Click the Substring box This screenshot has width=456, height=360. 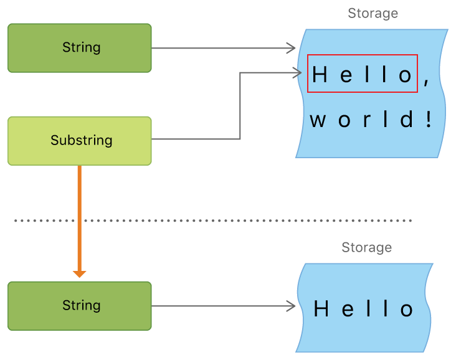(x=79, y=141)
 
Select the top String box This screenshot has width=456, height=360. (x=79, y=48)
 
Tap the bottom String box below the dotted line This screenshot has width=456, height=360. (x=79, y=306)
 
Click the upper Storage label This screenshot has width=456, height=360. (x=373, y=13)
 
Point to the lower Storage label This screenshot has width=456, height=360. (x=366, y=247)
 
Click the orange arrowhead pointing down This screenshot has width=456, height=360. (x=79, y=272)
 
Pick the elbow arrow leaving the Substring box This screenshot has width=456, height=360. (x=240, y=106)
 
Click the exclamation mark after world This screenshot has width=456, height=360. (x=428, y=119)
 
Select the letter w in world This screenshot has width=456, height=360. (x=318, y=120)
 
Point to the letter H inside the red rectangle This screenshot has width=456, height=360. (x=320, y=75)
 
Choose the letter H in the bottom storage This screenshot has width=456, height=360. (x=321, y=309)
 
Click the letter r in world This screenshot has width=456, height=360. (x=367, y=120)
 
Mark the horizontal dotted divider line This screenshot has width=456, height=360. (x=212, y=220)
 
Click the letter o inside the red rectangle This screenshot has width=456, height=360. (x=406, y=75)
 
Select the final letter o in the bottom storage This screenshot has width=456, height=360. (x=407, y=310)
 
